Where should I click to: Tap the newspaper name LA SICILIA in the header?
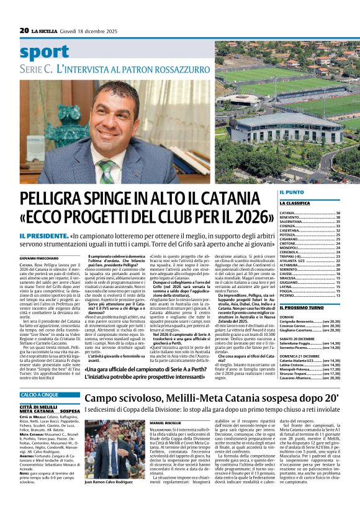click(46, 30)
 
